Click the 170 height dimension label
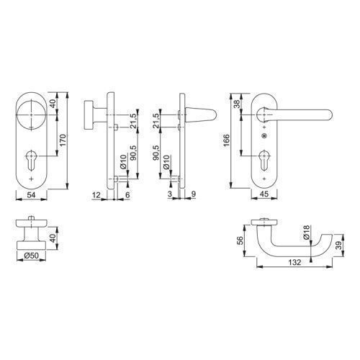tap(62, 141)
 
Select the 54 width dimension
tap(31, 195)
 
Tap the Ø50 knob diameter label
tap(31, 256)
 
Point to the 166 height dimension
tap(226, 140)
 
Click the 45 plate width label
tap(264, 194)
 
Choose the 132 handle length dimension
tap(294, 262)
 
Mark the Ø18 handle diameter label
tap(306, 232)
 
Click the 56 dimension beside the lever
tap(240, 240)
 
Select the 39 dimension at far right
tap(338, 246)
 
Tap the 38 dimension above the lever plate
tap(237, 104)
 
